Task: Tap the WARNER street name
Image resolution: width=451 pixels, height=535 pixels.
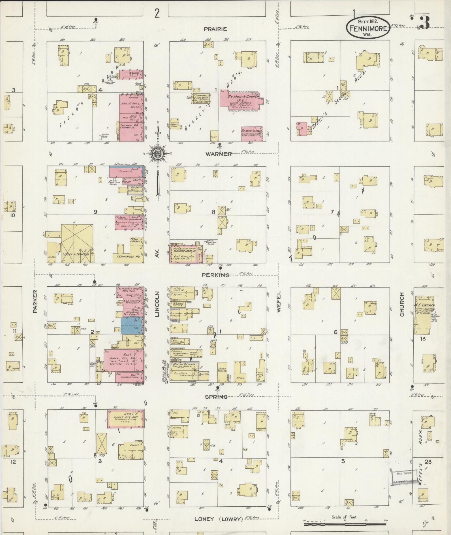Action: pos(219,154)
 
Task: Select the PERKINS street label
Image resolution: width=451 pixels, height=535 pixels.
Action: pos(220,275)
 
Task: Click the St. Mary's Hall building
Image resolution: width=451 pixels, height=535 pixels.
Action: pos(251,134)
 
